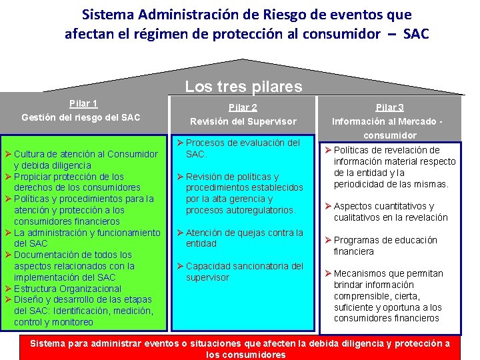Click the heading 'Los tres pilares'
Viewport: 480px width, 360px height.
243,87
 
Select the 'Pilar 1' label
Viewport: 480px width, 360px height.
83,103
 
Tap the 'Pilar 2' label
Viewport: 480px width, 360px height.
243,107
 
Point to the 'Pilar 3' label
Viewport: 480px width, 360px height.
389,107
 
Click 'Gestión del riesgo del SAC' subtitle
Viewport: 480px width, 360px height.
81,117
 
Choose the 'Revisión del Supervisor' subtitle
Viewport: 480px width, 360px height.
243,121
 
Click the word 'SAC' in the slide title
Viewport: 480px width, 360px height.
416,33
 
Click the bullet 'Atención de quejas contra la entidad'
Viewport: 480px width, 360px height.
243,238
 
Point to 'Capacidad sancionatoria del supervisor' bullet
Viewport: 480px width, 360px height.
243,271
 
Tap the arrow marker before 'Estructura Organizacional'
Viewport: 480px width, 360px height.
8,289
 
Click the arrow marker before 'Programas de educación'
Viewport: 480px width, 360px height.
328,240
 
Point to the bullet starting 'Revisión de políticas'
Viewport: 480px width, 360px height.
243,193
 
